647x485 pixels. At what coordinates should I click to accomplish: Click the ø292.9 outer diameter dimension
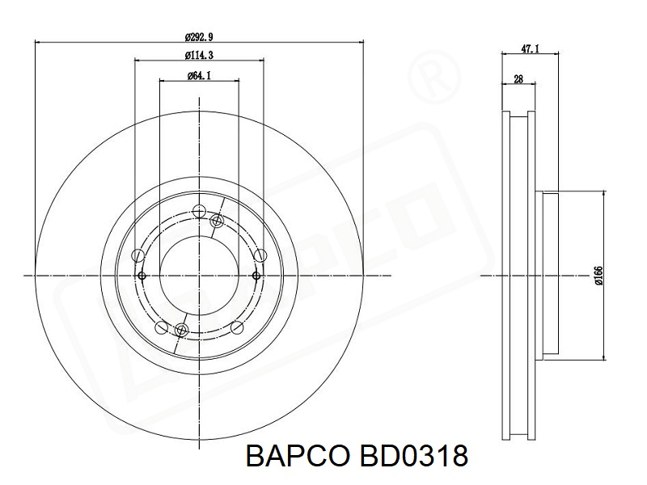199,37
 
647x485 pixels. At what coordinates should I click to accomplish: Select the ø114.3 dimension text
199,55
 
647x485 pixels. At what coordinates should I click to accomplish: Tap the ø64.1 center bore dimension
199,75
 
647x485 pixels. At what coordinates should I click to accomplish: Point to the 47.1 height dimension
531,48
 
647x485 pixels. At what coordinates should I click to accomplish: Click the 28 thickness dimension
518,78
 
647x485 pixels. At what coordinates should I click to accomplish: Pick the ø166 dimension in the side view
598,276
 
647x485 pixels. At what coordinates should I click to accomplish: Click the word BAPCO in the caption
298,456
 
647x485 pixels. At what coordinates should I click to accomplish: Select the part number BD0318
414,456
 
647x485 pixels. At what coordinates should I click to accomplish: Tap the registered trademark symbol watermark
433,77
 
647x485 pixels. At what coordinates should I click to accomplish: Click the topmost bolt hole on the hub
199,211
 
